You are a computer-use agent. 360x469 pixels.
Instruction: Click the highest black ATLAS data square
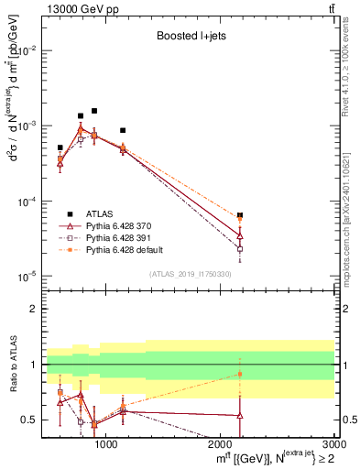pos(93,111)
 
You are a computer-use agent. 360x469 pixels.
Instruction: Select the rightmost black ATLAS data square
pos(240,215)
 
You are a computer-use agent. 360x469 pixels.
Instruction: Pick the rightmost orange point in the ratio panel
pos(240,373)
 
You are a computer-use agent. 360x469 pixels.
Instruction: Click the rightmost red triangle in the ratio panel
pos(240,416)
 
